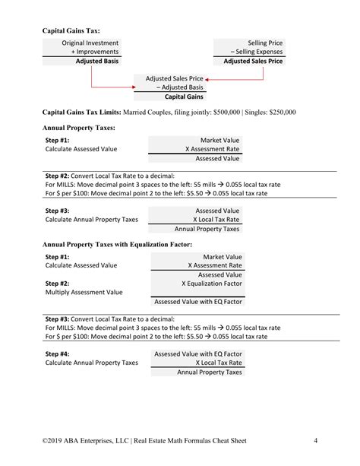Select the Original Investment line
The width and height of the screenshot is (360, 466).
[x=90, y=43]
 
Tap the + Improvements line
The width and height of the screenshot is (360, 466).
[x=95, y=52]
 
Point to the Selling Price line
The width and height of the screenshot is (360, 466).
[x=265, y=43]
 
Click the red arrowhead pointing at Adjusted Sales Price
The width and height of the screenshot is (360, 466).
[x=207, y=78]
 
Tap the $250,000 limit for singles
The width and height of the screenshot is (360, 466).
[x=279, y=113]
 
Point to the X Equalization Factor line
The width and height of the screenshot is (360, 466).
[x=212, y=283]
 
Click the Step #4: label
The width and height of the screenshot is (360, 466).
[x=58, y=353]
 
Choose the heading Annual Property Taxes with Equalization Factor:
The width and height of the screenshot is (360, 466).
[x=117, y=244]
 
